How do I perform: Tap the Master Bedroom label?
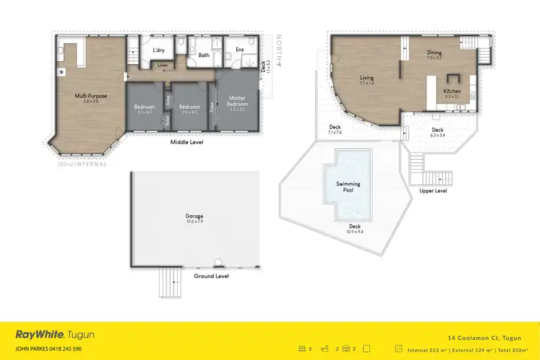(238, 102)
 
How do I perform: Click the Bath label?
(204, 55)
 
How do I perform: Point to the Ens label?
(238, 50)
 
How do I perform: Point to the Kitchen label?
(451, 91)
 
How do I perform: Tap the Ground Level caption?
(212, 276)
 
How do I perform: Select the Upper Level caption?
(433, 191)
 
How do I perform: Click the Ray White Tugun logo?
(55, 335)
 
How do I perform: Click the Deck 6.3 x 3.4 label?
(438, 131)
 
